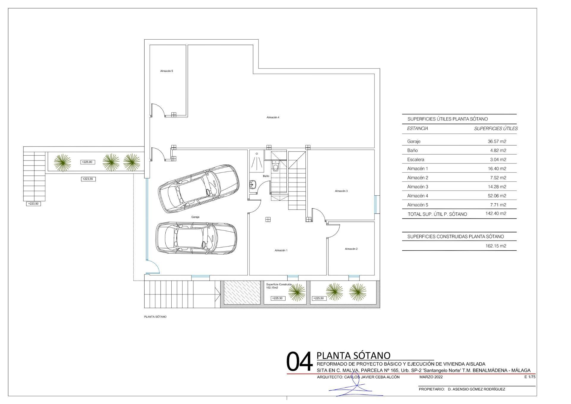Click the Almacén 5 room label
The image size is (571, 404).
tap(167, 71)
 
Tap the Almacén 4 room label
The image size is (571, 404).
tap(273, 117)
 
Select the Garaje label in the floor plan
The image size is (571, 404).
tap(195, 217)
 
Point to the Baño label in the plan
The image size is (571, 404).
tap(266, 176)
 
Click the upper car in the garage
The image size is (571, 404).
tap(199, 188)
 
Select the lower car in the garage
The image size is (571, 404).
tap(197, 238)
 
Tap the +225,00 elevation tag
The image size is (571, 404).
tap(87, 162)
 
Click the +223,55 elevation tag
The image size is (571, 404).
tap(88, 179)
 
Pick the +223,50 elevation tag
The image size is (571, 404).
tap(33, 204)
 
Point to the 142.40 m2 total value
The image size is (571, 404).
tap(496, 213)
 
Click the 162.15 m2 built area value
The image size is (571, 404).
tap(496, 246)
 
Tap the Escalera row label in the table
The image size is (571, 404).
tap(416, 160)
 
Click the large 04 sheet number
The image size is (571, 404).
tap(299, 361)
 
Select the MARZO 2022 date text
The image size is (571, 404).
tap(431, 377)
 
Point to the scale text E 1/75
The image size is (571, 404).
tap(530, 377)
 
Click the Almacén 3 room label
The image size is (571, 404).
tap(341, 191)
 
